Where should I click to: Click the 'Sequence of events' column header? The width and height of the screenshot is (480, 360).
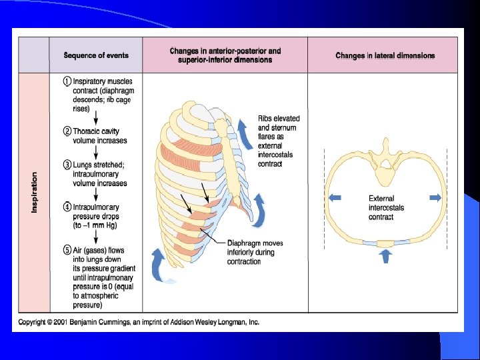95,55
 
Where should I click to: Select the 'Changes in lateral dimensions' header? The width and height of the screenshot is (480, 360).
385,55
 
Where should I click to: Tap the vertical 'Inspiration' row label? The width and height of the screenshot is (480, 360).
34,193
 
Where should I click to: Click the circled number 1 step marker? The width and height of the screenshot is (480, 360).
67,81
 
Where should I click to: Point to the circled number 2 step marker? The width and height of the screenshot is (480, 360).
67,132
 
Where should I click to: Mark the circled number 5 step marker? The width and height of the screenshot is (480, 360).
67,251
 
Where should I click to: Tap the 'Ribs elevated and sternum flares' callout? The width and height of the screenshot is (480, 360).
279,141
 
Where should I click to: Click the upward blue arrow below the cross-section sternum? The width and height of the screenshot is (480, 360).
385,255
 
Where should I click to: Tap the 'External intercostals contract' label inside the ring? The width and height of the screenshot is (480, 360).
386,207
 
